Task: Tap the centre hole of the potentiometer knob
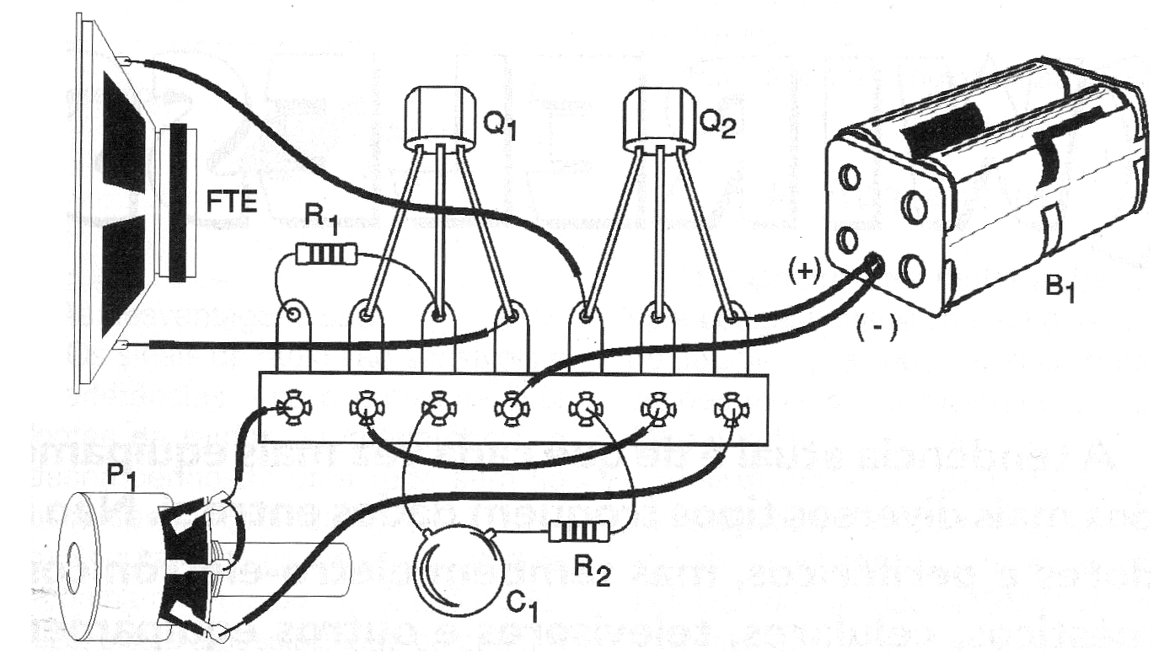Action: click(x=72, y=559)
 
